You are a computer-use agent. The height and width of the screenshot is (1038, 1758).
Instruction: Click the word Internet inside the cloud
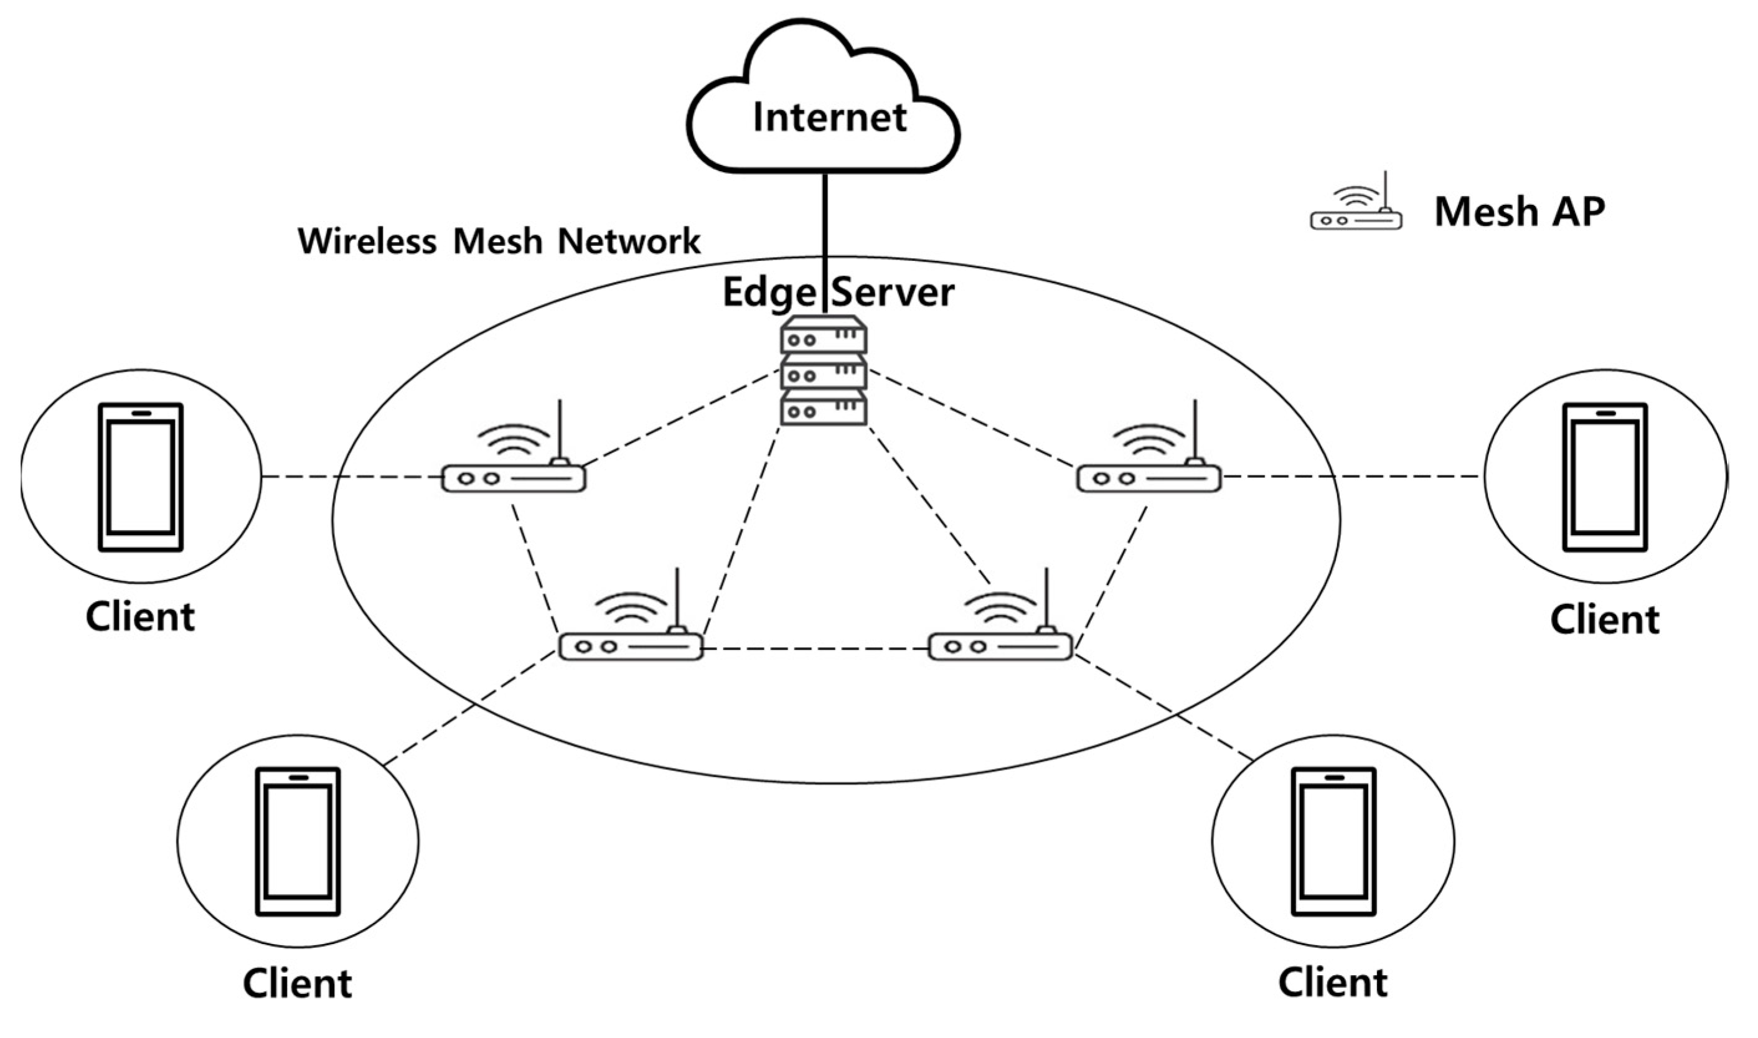click(830, 117)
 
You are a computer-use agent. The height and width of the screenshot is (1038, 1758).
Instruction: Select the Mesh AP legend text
click(1520, 211)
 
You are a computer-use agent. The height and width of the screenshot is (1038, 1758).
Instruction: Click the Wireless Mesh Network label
click(499, 241)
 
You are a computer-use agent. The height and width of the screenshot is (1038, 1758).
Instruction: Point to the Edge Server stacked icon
click(824, 371)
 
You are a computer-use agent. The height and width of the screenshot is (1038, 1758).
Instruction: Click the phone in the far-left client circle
click(141, 477)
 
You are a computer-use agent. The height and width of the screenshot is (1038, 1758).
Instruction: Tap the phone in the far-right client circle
click(1605, 477)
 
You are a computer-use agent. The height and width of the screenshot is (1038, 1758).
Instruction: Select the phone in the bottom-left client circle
click(298, 841)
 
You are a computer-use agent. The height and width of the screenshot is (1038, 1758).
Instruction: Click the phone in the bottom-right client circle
click(1333, 841)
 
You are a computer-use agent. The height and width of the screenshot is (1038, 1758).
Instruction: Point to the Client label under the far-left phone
click(140, 617)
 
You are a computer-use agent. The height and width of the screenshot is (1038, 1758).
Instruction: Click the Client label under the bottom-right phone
click(1333, 983)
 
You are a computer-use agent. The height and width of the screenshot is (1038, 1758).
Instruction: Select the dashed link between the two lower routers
click(815, 649)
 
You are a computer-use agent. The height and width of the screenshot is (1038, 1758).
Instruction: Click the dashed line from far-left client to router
click(350, 478)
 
